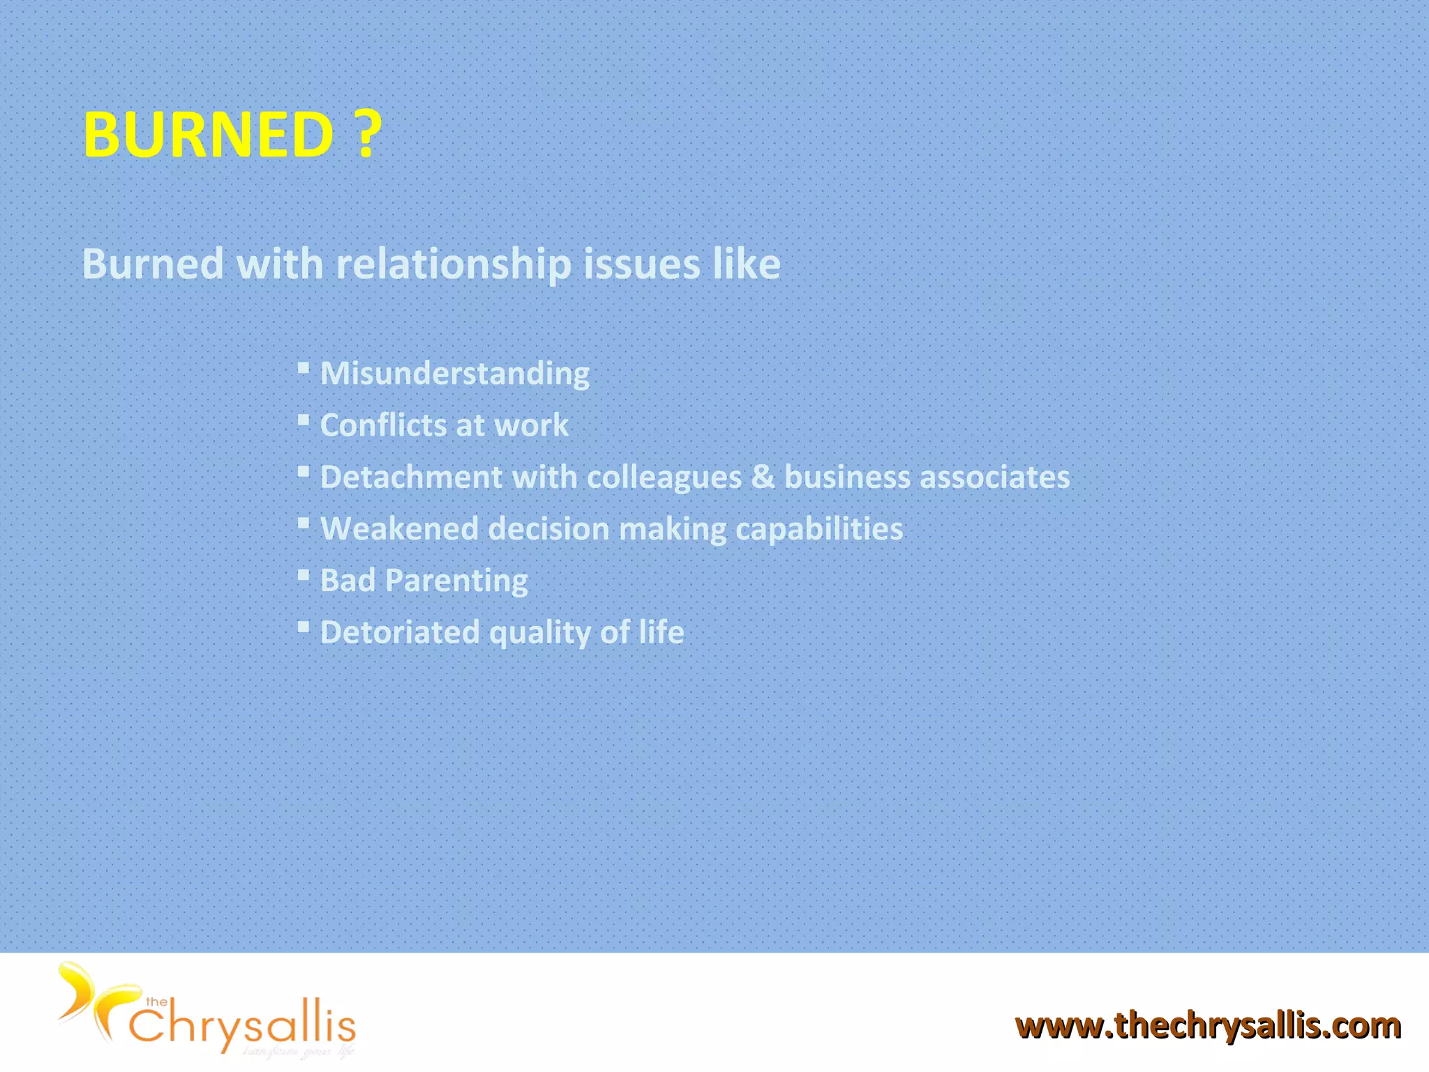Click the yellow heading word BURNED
[208, 134]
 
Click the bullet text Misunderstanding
[454, 373]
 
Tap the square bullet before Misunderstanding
[303, 368]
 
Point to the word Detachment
[411, 477]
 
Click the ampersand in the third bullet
[763, 477]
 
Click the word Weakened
[399, 529]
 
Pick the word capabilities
[818, 529]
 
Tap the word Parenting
[456, 581]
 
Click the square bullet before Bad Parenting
[303, 575]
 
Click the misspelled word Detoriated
[400, 632]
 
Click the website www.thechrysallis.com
[1208, 1026]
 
